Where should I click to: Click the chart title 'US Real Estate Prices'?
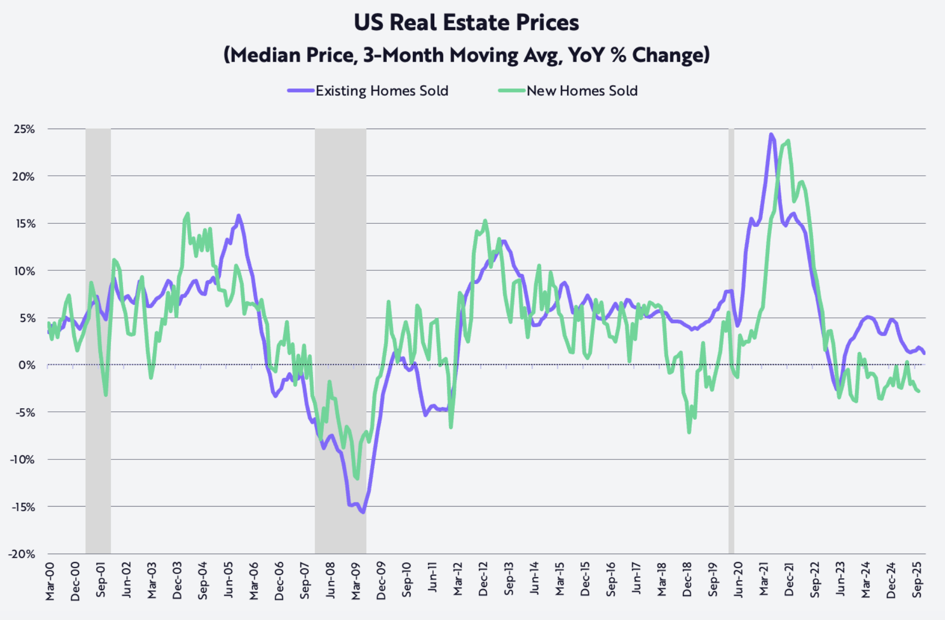tap(466, 22)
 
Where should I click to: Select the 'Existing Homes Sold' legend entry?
tap(381, 91)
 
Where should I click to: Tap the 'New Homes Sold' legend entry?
tap(582, 91)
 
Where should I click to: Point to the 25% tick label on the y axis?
tap(24, 129)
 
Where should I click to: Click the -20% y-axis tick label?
tap(22, 554)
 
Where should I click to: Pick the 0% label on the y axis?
tap(27, 365)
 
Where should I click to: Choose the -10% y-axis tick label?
tap(22, 460)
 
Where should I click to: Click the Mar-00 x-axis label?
tap(50, 581)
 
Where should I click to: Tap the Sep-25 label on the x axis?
tap(917, 580)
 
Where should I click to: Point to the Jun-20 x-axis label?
tap(738, 581)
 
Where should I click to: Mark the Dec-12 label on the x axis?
tap(483, 580)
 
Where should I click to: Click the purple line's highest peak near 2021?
tap(771, 134)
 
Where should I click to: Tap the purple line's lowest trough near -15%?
tap(363, 512)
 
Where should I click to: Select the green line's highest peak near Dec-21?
tap(788, 141)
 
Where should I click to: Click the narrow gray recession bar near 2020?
tap(731, 340)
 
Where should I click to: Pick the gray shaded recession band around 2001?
tap(98, 340)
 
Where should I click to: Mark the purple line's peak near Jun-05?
tap(239, 215)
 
